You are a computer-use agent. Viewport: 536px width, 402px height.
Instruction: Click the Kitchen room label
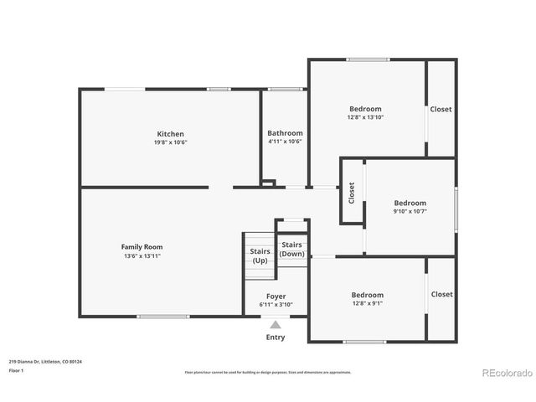click(x=170, y=134)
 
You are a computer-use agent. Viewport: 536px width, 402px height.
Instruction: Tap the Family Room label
click(x=142, y=247)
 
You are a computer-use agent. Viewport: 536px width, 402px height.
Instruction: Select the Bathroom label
click(x=285, y=133)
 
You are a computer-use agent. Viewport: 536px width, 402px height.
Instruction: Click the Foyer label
click(x=276, y=296)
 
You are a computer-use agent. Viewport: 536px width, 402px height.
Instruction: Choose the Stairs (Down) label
click(x=291, y=249)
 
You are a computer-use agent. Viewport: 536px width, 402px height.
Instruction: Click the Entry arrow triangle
click(x=275, y=325)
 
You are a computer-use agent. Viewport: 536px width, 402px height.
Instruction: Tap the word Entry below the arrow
click(x=275, y=338)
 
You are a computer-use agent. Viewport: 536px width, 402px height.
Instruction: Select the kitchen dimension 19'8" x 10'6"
click(x=170, y=142)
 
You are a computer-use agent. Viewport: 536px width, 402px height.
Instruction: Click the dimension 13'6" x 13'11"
click(x=142, y=255)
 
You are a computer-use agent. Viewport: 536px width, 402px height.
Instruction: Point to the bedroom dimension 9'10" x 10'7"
click(x=410, y=211)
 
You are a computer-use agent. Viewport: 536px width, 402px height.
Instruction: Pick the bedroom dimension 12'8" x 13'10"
click(x=365, y=117)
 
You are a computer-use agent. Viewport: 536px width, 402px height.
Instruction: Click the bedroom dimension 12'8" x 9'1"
click(x=367, y=303)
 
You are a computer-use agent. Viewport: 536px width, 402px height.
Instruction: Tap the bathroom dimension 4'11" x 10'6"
click(x=285, y=142)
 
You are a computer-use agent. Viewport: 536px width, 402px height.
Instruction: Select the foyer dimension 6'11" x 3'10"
click(x=276, y=305)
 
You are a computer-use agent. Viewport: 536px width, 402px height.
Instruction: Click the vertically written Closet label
click(x=352, y=193)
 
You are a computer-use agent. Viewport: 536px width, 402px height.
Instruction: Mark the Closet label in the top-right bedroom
click(x=441, y=109)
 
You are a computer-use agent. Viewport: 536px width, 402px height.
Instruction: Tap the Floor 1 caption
click(x=16, y=370)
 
